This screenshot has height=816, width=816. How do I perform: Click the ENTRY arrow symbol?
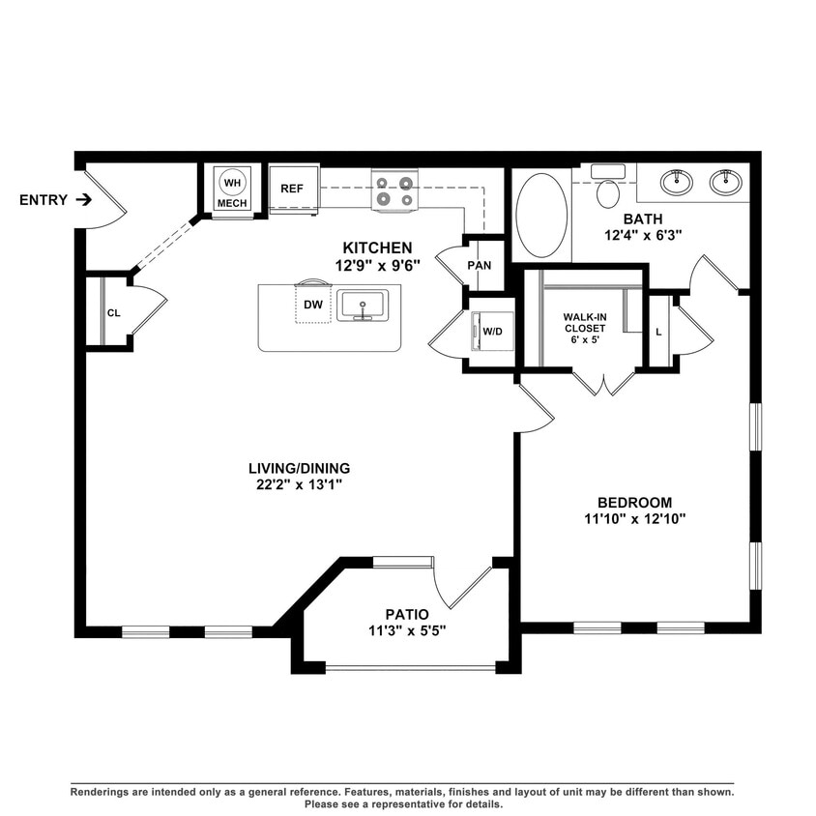(84, 200)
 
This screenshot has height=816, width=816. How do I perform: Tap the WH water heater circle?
(232, 182)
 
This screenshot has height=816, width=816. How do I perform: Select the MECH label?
(232, 203)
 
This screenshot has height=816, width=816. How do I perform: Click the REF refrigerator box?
(292, 189)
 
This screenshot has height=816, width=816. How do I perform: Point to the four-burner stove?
(394, 190)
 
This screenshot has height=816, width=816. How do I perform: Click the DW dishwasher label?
(312, 305)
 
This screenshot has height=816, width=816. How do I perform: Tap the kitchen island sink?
(363, 306)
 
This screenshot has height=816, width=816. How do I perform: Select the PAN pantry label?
(480, 266)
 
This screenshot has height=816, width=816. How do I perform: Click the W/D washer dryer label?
(492, 332)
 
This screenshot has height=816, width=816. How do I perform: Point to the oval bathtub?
(541, 216)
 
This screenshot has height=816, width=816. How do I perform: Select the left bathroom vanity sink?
(677, 181)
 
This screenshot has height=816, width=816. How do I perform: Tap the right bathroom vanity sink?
(726, 181)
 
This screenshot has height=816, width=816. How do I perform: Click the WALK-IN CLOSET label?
(585, 322)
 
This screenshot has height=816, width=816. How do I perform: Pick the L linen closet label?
(658, 332)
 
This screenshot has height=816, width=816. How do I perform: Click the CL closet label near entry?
(113, 312)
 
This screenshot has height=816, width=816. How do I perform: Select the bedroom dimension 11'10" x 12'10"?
(634, 518)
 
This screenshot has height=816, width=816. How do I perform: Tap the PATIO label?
(406, 614)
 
